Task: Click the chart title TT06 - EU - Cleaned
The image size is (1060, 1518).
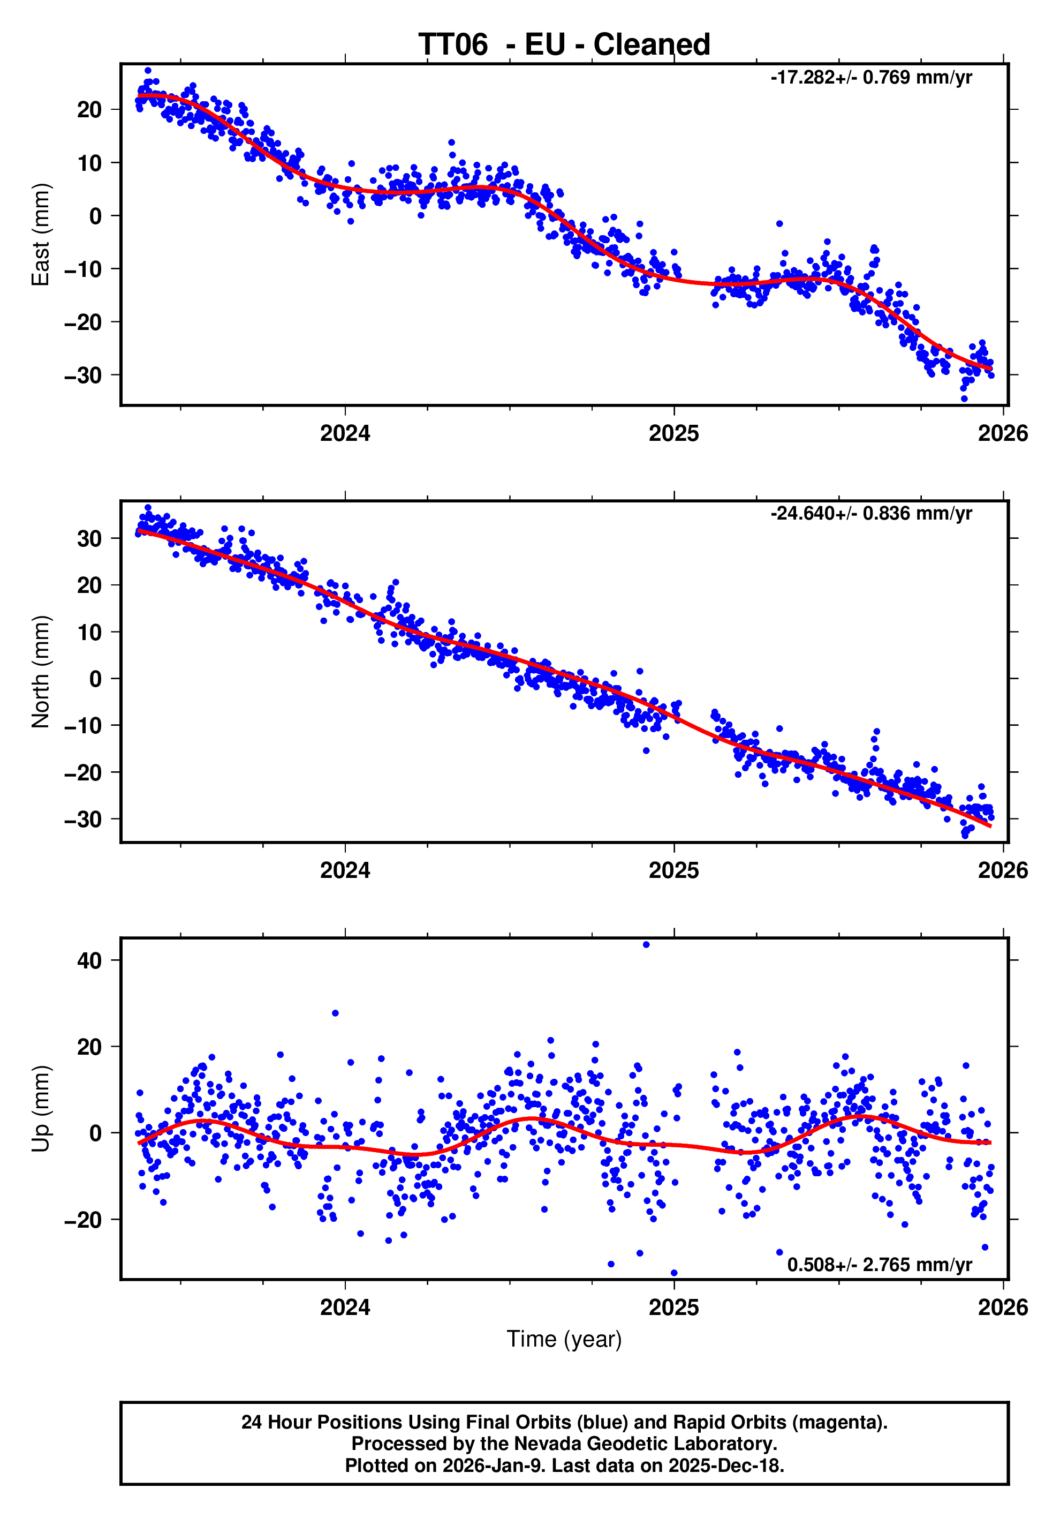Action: point(564,45)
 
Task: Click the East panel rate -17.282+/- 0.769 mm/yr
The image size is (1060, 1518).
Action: point(870,77)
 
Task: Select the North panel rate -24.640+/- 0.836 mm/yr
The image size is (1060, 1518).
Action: point(870,513)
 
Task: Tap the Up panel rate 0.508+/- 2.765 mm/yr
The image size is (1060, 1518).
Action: point(879,1264)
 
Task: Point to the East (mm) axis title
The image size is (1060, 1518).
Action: point(41,235)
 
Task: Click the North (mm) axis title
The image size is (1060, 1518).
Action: point(41,672)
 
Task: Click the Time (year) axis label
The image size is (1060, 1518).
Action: point(564,1339)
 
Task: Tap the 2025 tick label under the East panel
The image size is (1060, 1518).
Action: point(673,434)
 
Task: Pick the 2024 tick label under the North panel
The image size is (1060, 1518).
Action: point(345,870)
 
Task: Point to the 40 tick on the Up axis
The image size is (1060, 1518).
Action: point(89,960)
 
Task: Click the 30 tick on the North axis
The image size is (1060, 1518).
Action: point(89,539)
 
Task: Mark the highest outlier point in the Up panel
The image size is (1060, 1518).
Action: point(646,945)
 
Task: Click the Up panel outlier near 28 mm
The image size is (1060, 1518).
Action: point(335,1013)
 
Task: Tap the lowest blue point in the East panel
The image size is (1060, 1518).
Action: point(964,399)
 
